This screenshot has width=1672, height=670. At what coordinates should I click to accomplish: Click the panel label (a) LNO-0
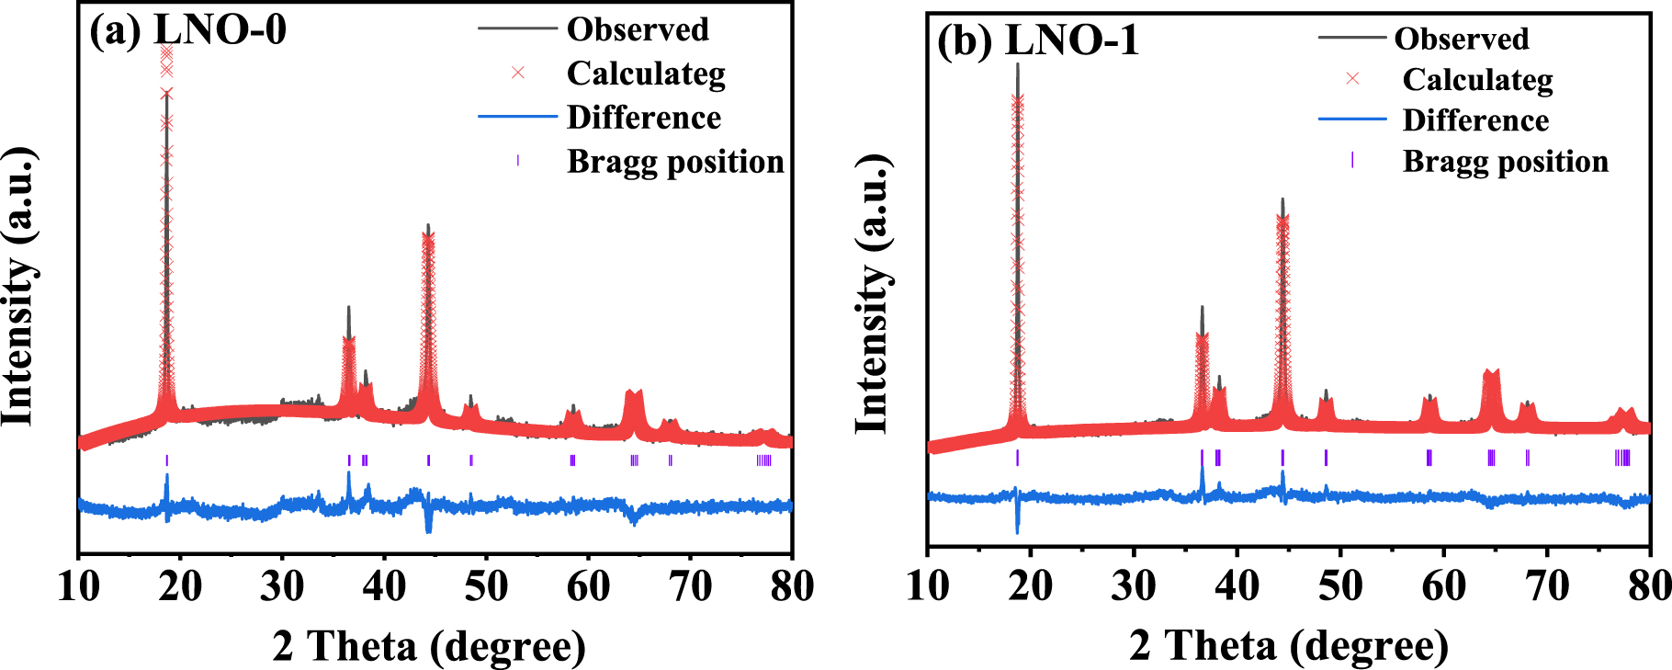tap(187, 29)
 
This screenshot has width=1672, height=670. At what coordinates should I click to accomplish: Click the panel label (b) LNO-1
tap(1037, 40)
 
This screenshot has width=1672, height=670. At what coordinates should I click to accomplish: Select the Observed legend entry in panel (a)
tap(638, 29)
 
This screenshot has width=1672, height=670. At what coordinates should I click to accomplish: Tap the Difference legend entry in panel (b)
tap(1474, 120)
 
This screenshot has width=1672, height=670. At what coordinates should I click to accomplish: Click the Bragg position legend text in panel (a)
tap(675, 162)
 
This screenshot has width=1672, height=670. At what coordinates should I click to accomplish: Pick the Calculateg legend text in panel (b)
tap(1477, 80)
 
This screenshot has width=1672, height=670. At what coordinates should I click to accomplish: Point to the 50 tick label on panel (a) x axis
tap(485, 585)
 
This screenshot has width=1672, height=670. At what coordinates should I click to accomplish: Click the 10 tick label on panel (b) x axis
tap(927, 585)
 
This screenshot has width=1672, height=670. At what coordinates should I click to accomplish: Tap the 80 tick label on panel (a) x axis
tap(791, 585)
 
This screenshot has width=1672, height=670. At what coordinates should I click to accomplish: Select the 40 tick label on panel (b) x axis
tap(1237, 585)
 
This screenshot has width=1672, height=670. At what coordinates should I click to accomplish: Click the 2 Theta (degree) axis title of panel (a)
tap(429, 646)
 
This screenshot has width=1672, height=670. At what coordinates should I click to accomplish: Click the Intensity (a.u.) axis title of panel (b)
tap(872, 294)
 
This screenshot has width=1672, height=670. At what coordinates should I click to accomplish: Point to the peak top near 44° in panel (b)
tap(1282, 199)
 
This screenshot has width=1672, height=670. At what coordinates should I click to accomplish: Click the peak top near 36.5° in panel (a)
tap(348, 309)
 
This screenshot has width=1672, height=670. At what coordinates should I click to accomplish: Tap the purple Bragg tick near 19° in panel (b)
tap(1017, 458)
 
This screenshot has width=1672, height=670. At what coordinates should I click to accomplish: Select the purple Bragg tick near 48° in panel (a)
tap(471, 460)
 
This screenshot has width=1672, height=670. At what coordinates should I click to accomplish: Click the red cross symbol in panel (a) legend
tap(518, 73)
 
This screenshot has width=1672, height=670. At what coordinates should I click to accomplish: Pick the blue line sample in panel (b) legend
tap(1351, 119)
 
